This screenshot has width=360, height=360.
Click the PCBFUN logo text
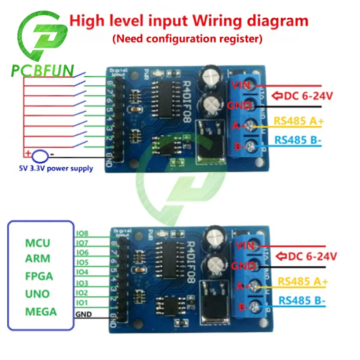[42, 71]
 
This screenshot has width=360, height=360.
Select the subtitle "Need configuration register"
[187, 38]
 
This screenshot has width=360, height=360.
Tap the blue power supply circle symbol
[40, 156]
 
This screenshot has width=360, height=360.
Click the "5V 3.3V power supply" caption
[55, 168]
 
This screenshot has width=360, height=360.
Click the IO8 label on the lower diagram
[82, 233]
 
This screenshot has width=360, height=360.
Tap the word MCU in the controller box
[37, 243]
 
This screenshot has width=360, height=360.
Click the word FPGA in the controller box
[39, 276]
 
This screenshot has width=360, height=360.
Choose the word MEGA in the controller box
[41, 311]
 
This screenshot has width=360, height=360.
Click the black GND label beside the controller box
[84, 314]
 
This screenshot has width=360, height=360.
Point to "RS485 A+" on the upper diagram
[299, 121]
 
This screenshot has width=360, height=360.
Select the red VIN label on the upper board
[240, 85]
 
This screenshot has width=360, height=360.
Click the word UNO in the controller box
[37, 293]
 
